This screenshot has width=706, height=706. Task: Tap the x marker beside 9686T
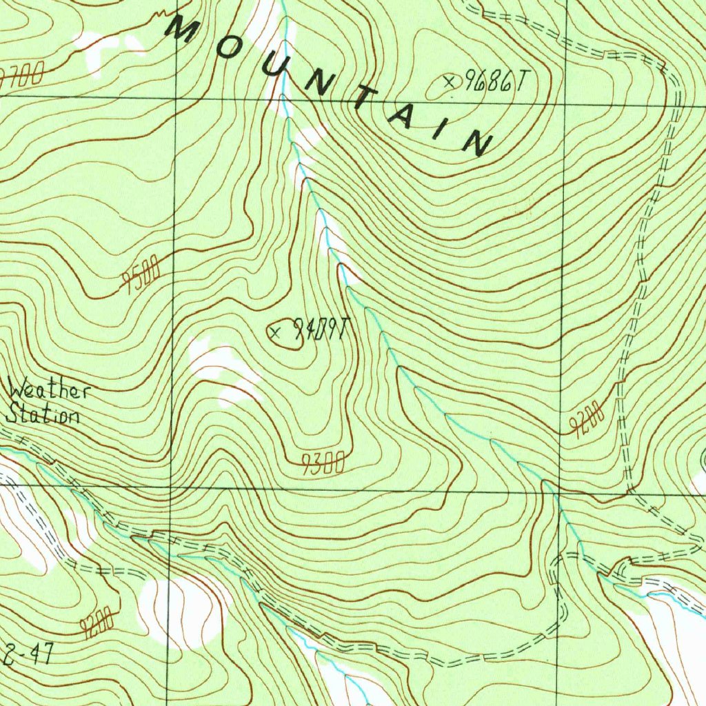pyautogui.click(x=451, y=82)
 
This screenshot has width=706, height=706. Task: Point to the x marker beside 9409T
pyautogui.click(x=276, y=333)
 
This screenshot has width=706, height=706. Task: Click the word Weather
pyautogui.click(x=49, y=391)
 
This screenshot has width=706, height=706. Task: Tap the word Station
pyautogui.click(x=43, y=415)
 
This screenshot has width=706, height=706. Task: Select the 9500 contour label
pyautogui.click(x=141, y=274)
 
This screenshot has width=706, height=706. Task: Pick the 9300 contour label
pyautogui.click(x=323, y=465)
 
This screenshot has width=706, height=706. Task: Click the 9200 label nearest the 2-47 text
pyautogui.click(x=97, y=625)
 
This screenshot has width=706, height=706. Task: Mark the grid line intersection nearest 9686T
pyautogui.click(x=566, y=105)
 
